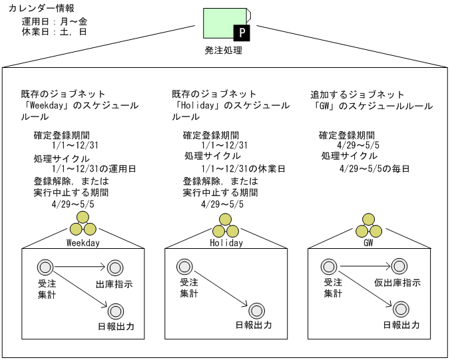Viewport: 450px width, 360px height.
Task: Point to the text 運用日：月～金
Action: (x=55, y=21)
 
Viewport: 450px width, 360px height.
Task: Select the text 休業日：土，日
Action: (x=55, y=31)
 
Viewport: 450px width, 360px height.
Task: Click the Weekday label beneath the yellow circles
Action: (x=83, y=243)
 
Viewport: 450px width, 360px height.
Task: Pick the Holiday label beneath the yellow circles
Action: (x=226, y=243)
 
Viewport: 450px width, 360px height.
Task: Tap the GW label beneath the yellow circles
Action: (x=367, y=243)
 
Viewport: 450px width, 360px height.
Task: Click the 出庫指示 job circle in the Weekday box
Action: (x=114, y=268)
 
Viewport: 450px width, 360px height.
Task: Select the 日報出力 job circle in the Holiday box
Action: (x=256, y=310)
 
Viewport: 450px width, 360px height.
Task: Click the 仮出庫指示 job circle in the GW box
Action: (x=398, y=268)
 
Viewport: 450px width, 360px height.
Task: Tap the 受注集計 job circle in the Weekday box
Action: (x=47, y=268)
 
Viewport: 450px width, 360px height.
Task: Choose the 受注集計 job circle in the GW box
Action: (x=329, y=268)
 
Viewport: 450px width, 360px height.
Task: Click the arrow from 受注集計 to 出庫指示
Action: (x=81, y=268)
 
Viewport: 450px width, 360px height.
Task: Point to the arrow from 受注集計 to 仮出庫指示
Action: (x=363, y=268)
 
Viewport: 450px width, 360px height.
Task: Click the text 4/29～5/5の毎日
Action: (x=373, y=169)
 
